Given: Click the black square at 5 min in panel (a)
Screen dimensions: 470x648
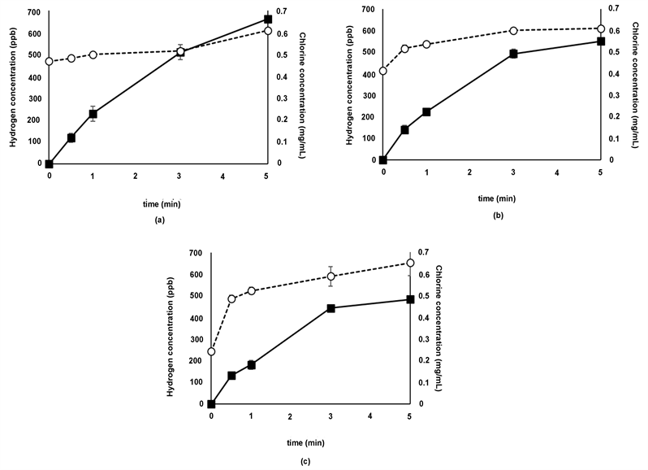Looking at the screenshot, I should coord(268,19).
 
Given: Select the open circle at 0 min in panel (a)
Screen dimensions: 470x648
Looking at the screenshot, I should coord(50,61).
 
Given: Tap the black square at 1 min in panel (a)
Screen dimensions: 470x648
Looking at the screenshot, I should coord(93,114).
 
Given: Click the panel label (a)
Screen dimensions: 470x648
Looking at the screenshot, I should coord(159,220).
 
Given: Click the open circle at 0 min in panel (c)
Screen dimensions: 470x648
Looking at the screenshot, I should coord(212,351).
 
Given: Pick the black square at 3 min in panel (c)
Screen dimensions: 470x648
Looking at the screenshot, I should coord(330,308).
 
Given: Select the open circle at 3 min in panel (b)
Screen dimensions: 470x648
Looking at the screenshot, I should coord(513,31).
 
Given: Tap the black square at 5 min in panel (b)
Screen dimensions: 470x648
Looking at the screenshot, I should coord(601,41).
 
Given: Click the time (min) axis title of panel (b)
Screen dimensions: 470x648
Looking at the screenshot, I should coord(491,196).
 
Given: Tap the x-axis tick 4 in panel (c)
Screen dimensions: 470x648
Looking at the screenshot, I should coord(370,416).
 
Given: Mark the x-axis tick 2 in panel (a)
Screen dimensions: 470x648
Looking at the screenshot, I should coord(136,176).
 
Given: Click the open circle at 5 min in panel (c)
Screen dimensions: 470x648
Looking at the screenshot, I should coord(410,263).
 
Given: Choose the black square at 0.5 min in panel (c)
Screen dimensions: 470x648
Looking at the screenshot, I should coord(231,376).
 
